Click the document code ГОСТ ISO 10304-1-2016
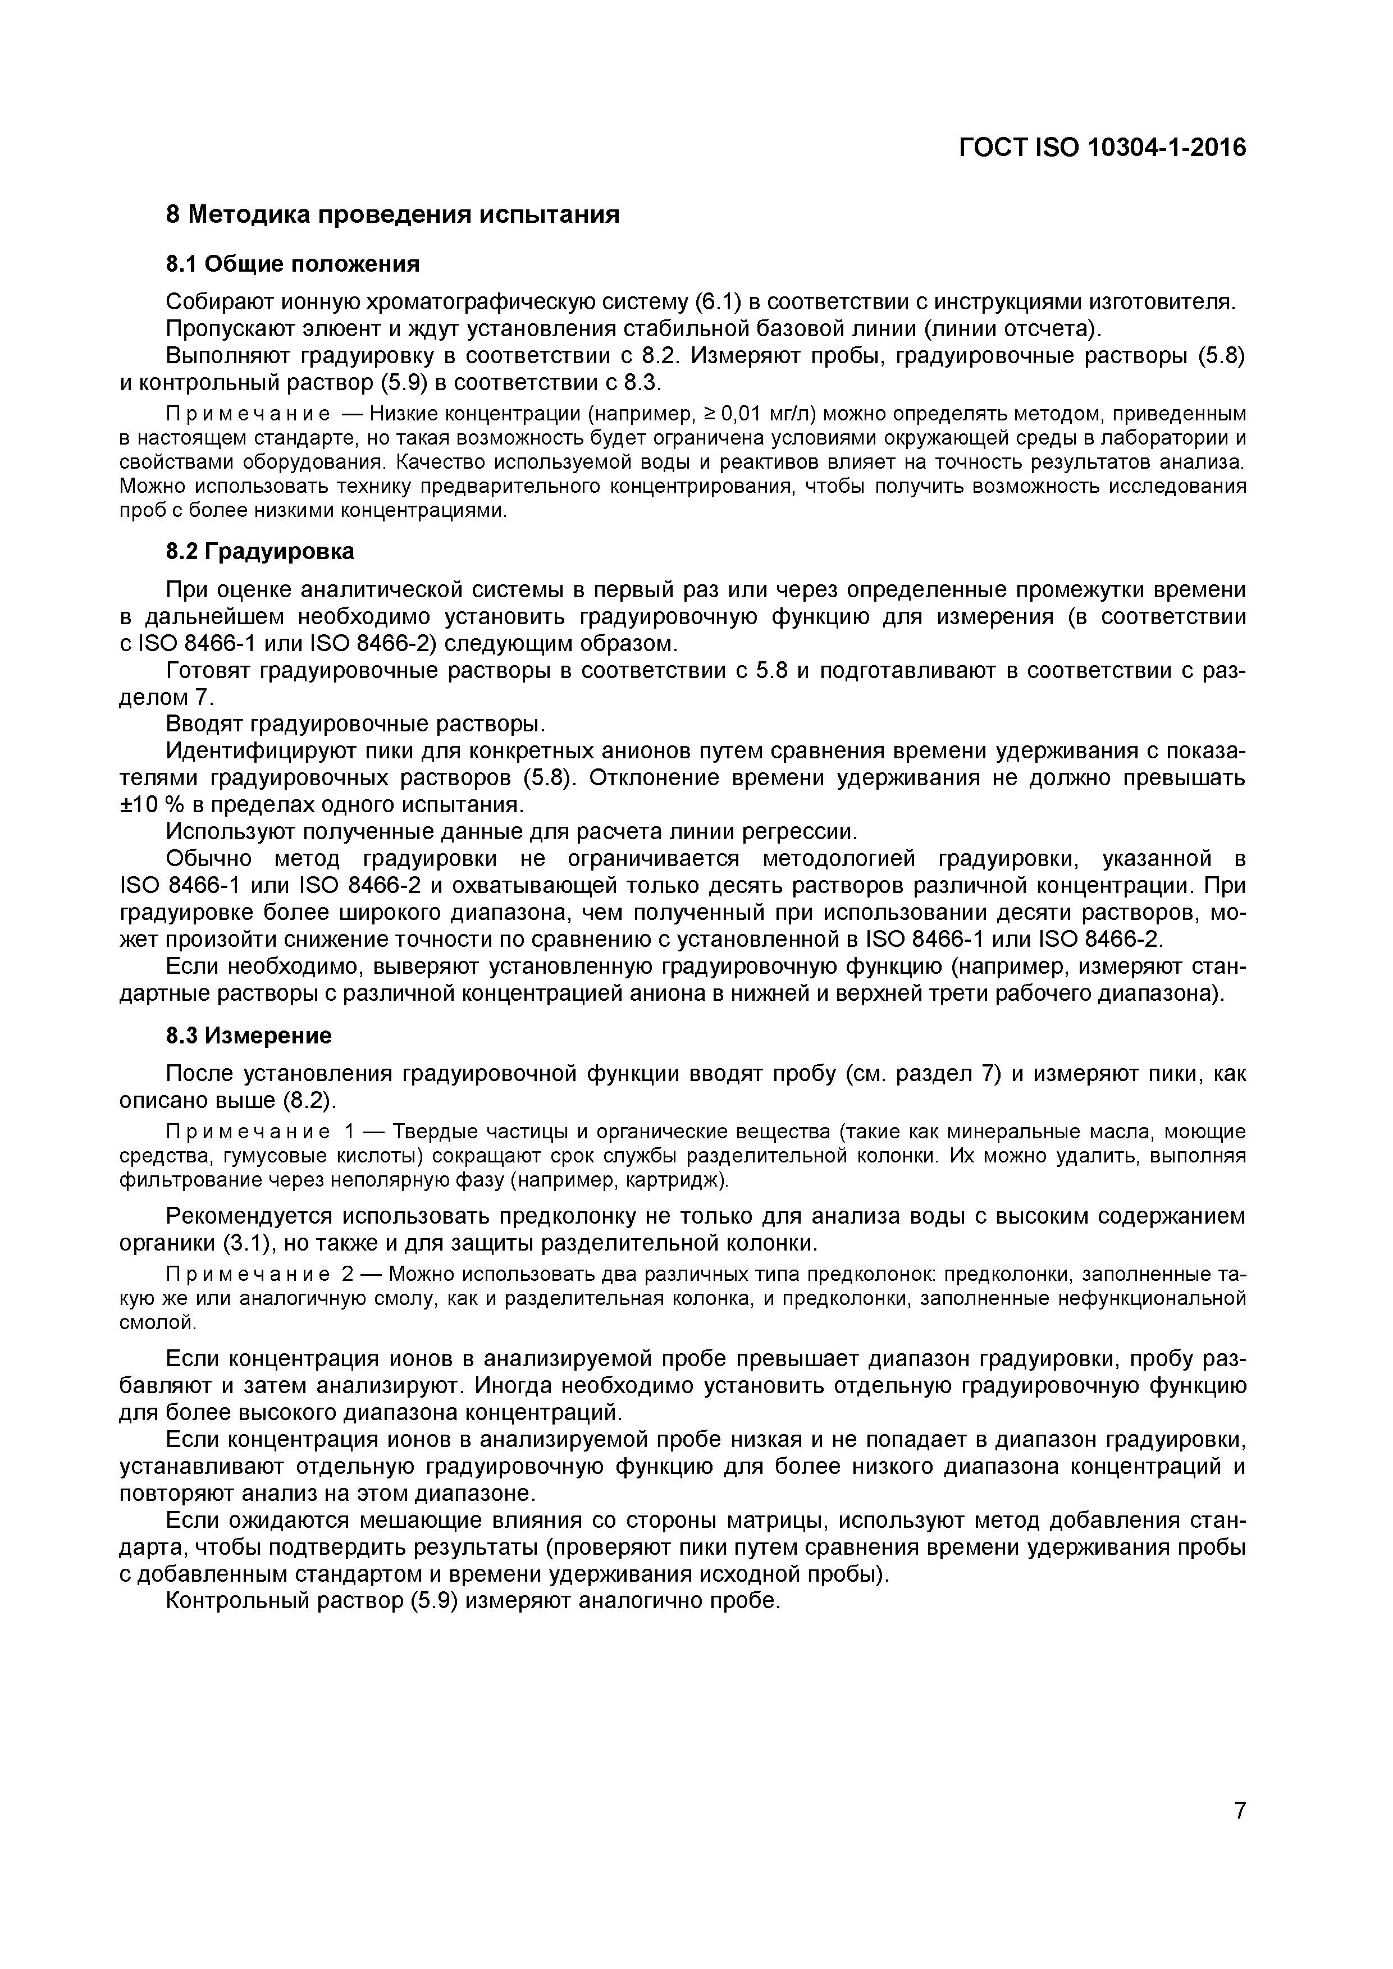(1102, 148)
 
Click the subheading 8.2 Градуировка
(260, 551)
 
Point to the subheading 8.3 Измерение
(249, 1036)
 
